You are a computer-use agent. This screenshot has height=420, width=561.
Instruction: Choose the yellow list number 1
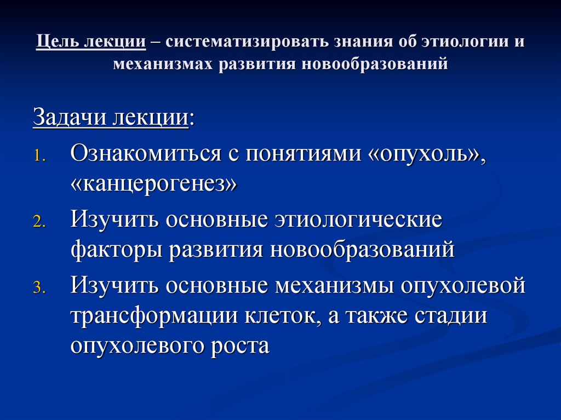39,157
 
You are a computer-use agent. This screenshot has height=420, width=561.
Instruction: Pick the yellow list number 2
39,222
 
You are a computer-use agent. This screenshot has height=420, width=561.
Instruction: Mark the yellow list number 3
39,289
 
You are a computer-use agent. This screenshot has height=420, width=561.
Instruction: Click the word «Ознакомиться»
146,154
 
